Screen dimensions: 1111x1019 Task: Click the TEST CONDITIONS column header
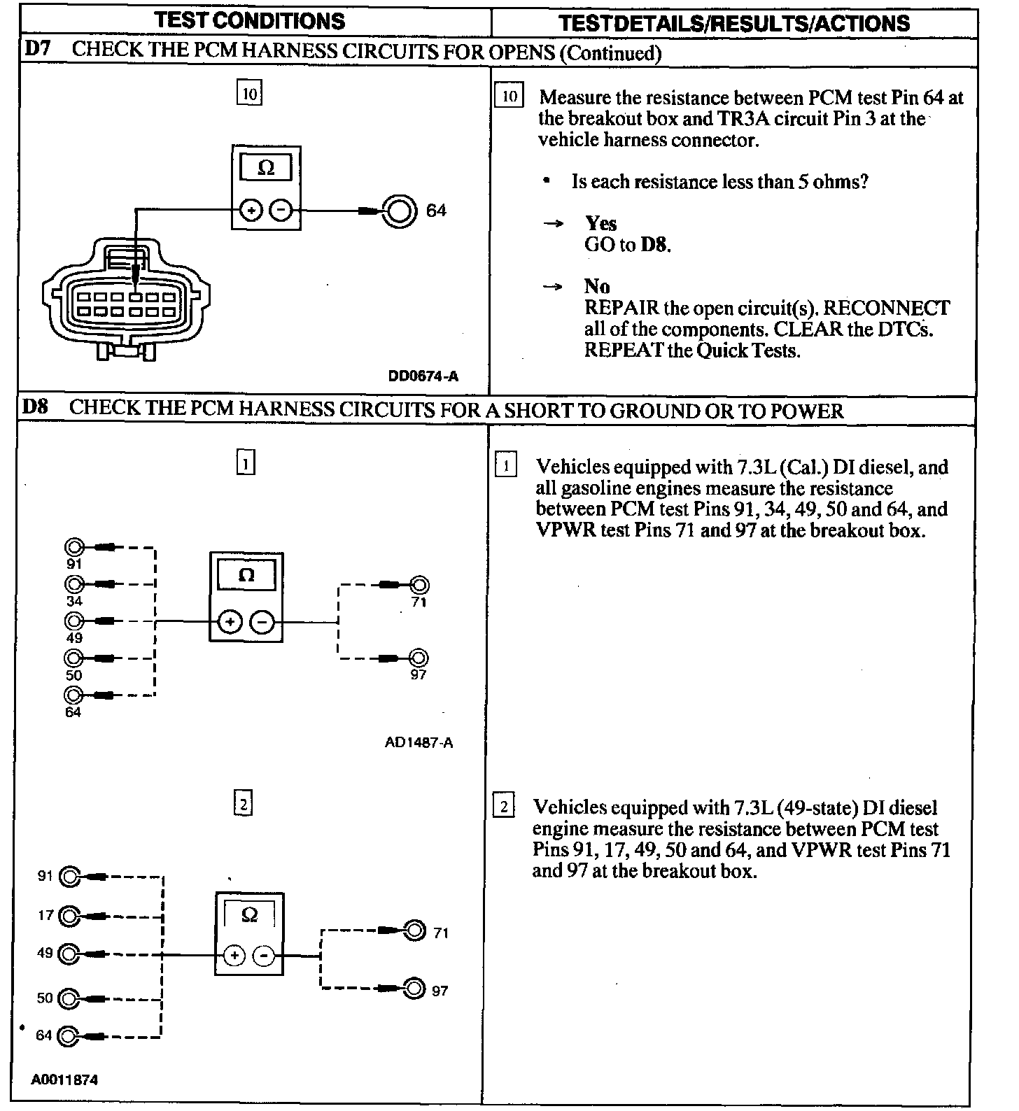point(250,20)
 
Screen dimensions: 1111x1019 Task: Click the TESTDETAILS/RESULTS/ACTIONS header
point(734,23)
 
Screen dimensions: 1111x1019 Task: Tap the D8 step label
point(35,407)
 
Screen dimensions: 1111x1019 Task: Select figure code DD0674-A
point(423,376)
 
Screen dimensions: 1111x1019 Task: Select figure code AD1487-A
point(419,742)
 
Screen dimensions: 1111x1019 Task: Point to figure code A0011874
point(64,1080)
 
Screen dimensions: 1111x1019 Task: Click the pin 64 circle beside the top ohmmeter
point(398,211)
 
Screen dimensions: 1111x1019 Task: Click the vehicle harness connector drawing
point(127,301)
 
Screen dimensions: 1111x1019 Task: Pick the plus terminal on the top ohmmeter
point(251,210)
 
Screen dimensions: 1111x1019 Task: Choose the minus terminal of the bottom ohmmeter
point(264,956)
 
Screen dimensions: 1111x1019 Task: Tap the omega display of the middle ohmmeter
point(246,576)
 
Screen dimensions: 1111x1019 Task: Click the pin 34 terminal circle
point(74,583)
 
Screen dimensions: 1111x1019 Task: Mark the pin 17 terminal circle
point(70,916)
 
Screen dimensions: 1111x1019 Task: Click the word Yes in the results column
point(600,223)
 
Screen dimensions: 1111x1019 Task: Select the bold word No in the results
point(597,286)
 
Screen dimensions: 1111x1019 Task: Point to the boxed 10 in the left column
point(249,94)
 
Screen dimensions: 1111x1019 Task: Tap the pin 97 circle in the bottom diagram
point(414,989)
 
